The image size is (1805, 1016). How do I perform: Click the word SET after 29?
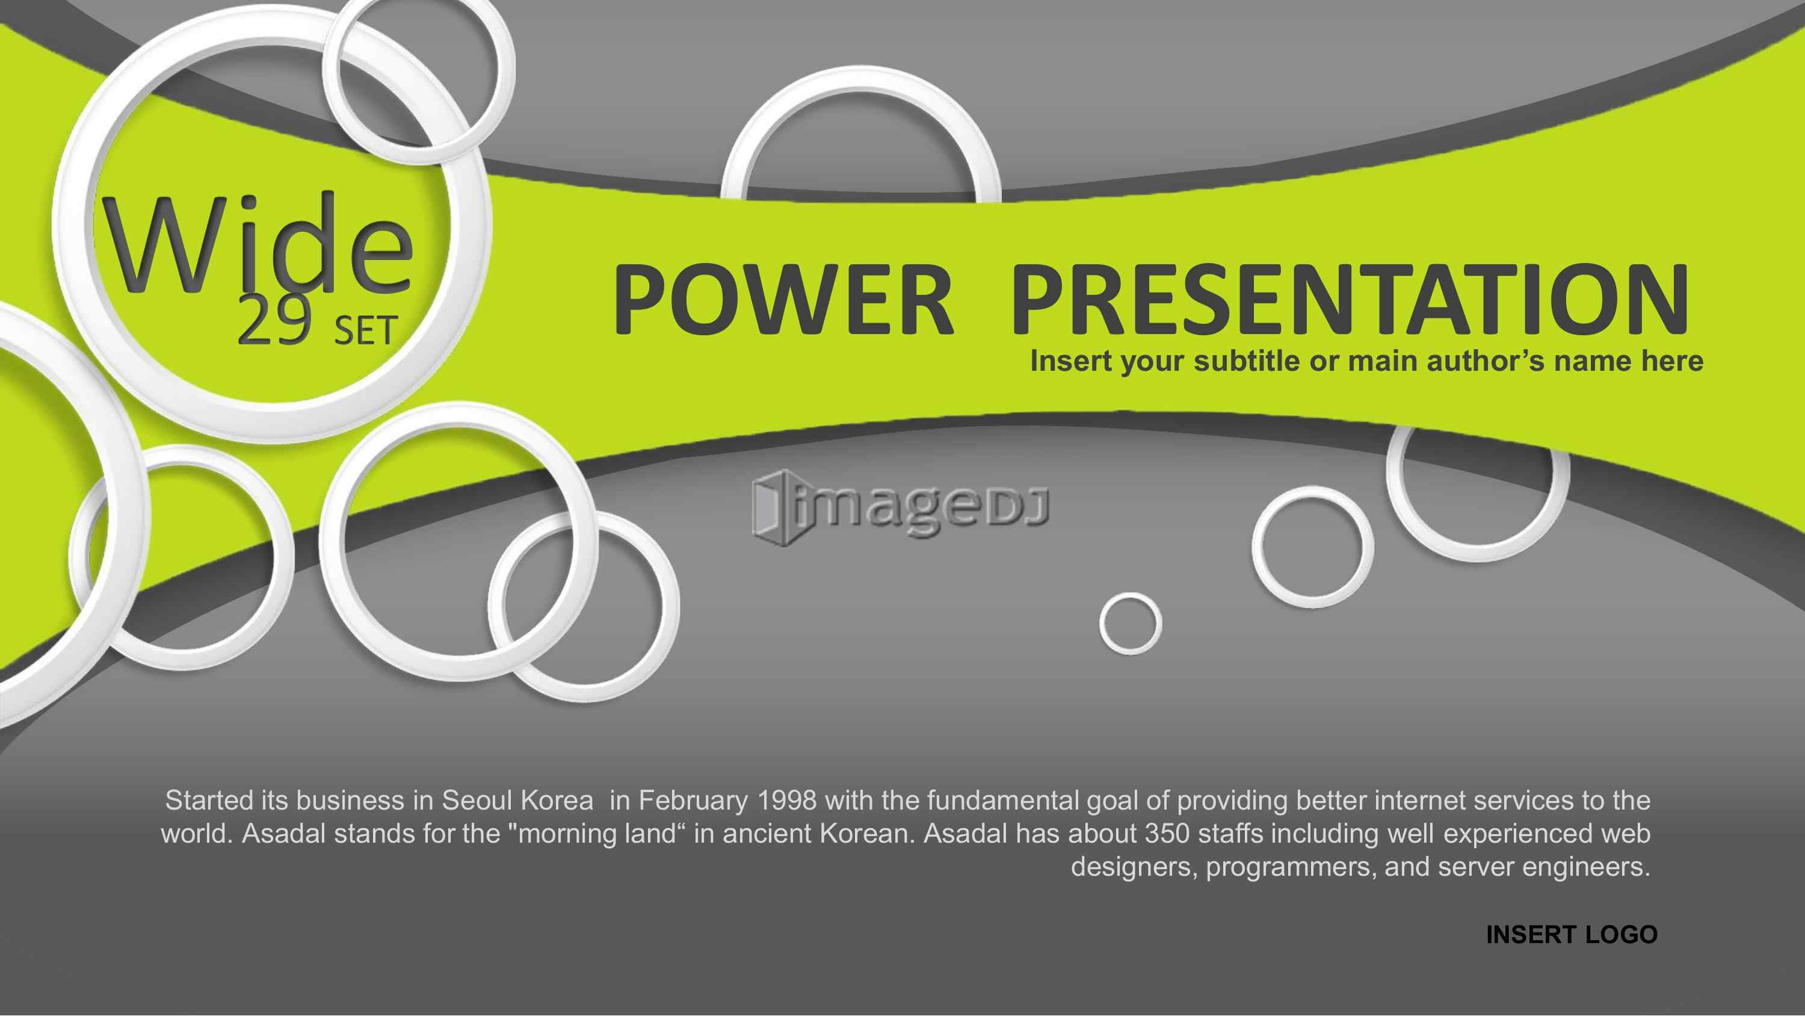click(366, 331)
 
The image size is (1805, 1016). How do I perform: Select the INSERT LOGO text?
click(1572, 935)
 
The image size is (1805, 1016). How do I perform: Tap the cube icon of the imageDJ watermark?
click(774, 509)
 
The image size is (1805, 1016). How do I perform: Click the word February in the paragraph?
click(694, 801)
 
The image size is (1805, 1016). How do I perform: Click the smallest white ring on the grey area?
click(1130, 624)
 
